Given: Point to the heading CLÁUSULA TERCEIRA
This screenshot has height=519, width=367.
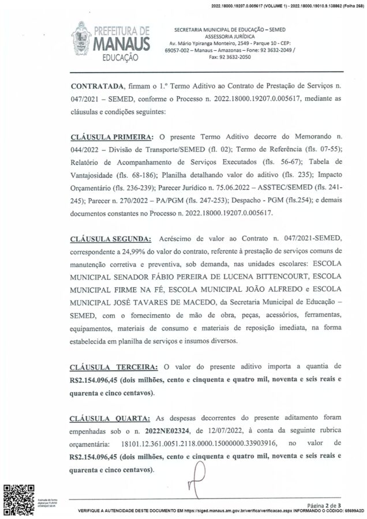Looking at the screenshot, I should click(111, 366).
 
